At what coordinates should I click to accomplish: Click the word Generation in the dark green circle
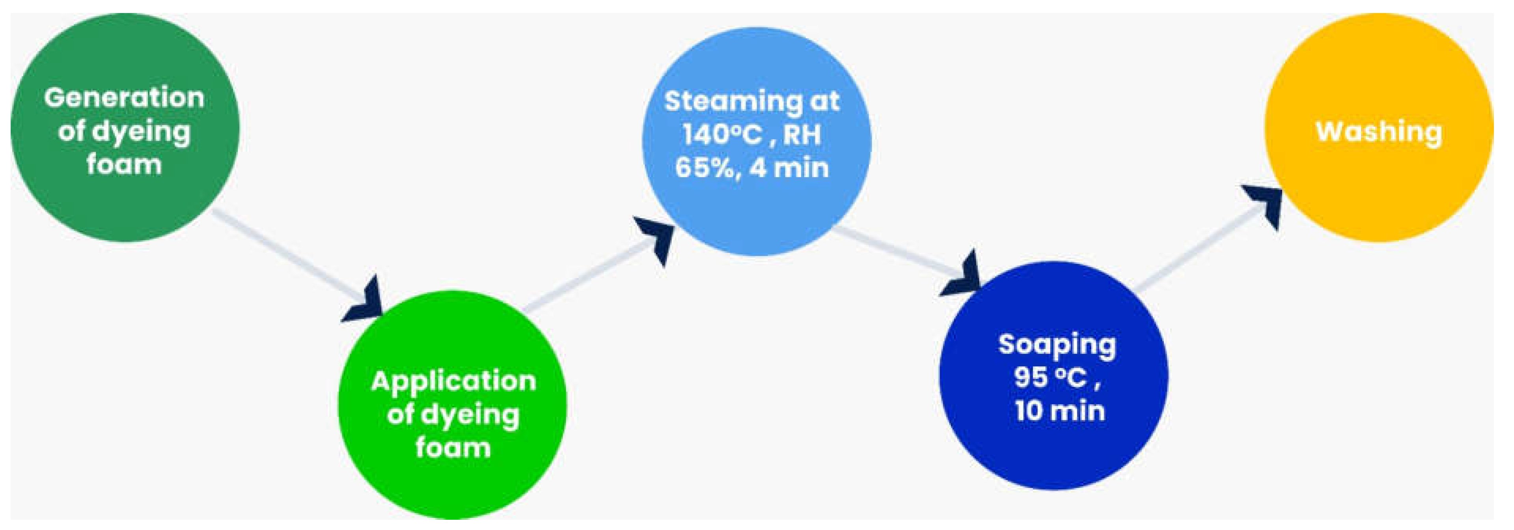[x=124, y=97]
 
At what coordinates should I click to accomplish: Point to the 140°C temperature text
[x=722, y=135]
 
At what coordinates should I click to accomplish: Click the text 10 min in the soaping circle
[x=1060, y=411]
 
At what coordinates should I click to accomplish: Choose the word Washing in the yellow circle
[x=1379, y=132]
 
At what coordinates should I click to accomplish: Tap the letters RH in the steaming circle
[x=802, y=135]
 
